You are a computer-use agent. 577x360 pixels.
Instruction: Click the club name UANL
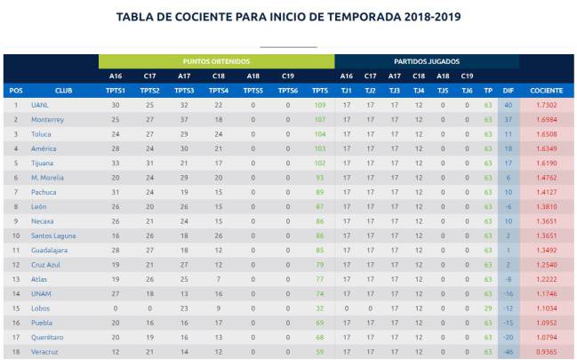coord(38,105)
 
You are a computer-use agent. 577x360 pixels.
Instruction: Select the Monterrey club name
coord(47,119)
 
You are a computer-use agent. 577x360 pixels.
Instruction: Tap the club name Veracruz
coord(45,352)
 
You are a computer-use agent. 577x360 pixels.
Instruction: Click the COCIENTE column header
coord(546,90)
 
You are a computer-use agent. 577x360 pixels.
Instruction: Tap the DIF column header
coord(509,90)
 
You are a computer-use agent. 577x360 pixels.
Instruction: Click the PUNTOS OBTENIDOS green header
coord(215,61)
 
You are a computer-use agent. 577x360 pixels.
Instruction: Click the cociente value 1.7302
coord(546,105)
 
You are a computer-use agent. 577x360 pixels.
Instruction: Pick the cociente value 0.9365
coord(546,352)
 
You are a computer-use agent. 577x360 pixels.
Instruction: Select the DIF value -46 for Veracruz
coord(509,352)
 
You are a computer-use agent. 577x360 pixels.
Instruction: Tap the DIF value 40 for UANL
coord(509,105)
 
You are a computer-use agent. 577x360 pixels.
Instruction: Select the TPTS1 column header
coord(116,90)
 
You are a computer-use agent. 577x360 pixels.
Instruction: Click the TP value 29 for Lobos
coord(488,308)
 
